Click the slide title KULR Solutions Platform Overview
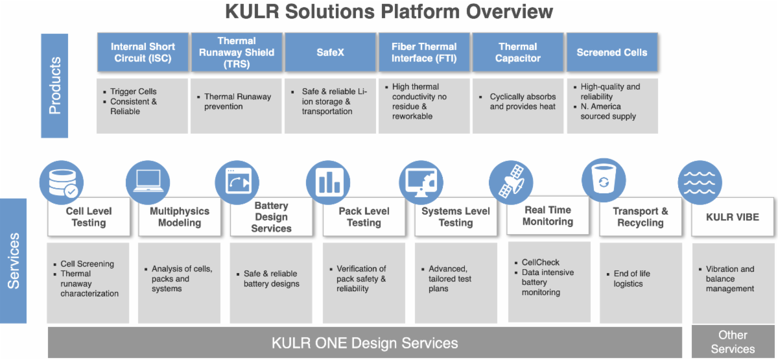click(389, 12)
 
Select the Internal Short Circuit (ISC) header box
click(143, 52)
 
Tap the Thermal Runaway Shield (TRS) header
click(237, 52)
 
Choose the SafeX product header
click(330, 52)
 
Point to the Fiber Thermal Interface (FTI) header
click(424, 52)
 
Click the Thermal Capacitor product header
click(518, 52)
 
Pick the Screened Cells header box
click(612, 52)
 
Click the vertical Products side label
click(54, 86)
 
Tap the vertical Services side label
click(13, 260)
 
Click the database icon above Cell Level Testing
click(62, 182)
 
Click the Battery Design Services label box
click(271, 217)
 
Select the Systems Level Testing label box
click(456, 217)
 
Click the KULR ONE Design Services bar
click(364, 342)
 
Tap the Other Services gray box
click(733, 342)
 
